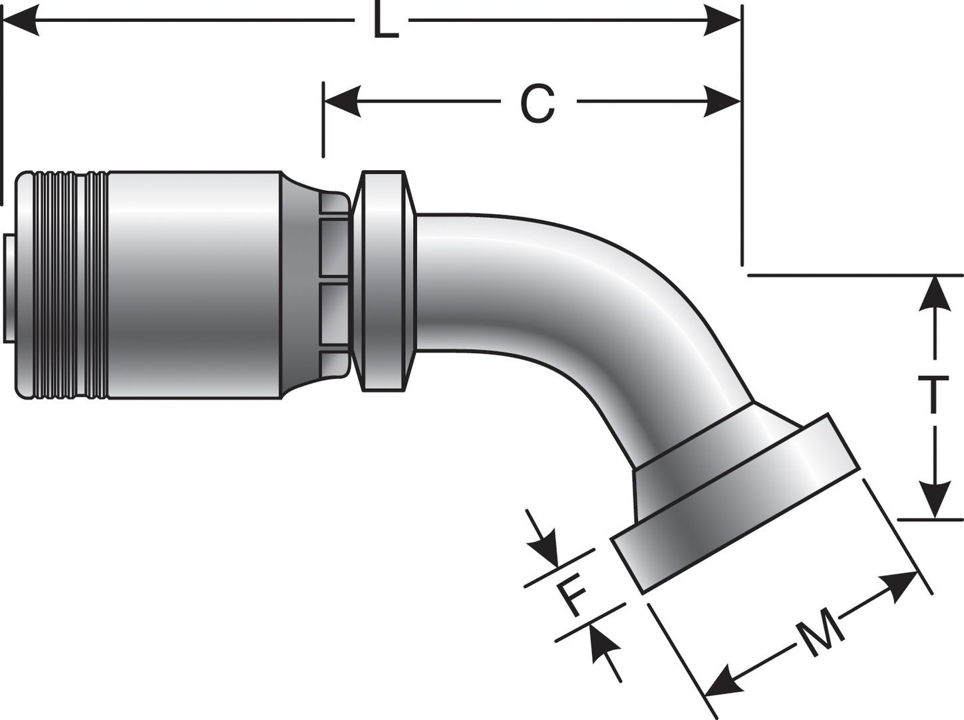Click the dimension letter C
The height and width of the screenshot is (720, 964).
pyautogui.click(x=538, y=103)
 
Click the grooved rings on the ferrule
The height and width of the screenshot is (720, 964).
pyautogui.click(x=70, y=286)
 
